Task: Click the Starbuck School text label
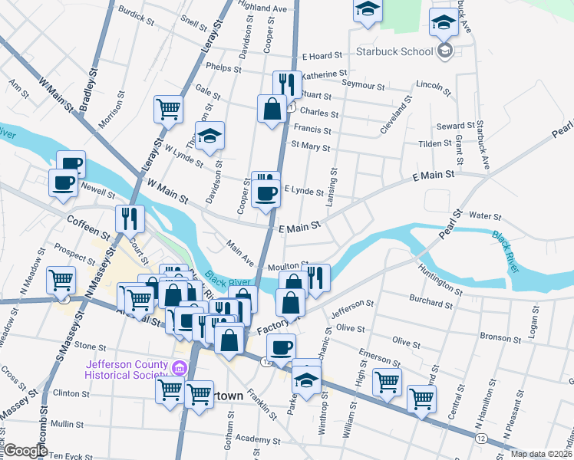[396, 52]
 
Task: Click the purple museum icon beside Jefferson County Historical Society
[180, 369]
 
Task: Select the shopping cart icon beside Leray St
[168, 108]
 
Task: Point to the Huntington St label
[447, 278]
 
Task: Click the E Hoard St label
[322, 56]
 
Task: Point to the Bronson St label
[500, 337]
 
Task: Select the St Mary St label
[310, 147]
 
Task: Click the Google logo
[25, 451]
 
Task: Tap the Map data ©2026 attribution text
[541, 454]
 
